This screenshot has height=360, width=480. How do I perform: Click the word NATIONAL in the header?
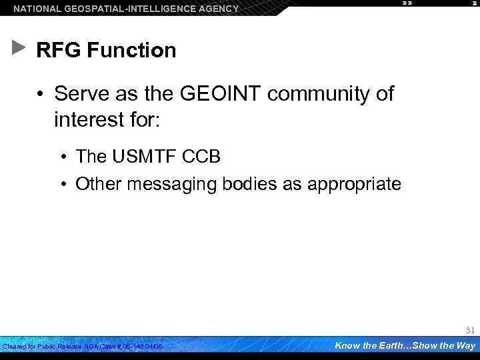pyautogui.click(x=35, y=9)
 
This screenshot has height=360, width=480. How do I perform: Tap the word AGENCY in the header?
pyautogui.click(x=214, y=9)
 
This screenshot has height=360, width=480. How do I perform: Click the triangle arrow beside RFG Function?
pyautogui.click(x=19, y=49)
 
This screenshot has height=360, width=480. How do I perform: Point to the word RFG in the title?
pyautogui.click(x=56, y=50)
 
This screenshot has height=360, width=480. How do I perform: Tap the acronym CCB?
pyautogui.click(x=204, y=157)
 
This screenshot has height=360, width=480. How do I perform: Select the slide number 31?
pyautogui.click(x=470, y=330)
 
